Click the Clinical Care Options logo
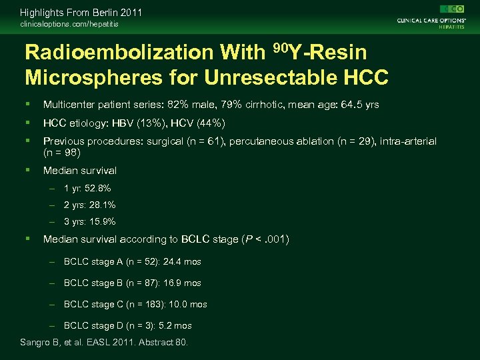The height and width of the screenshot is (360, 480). coord(430,16)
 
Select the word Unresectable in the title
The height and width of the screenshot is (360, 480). coord(269,78)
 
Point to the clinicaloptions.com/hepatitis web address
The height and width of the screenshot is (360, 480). coord(69,24)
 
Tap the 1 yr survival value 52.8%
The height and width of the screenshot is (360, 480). coord(97,189)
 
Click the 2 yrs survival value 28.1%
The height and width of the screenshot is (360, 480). coord(102,205)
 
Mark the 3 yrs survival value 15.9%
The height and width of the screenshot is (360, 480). coord(102,222)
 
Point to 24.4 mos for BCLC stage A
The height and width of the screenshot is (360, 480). coord(182,262)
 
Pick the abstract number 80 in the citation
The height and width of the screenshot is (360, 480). coord(180,342)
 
